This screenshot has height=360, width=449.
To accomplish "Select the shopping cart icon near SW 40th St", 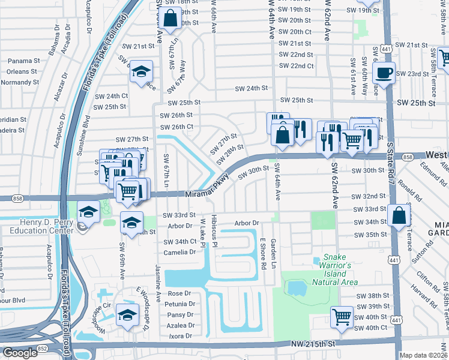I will pos(342,316).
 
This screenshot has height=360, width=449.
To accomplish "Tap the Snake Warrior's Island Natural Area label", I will pos(335,270).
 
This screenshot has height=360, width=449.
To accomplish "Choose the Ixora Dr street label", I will pos(181,336).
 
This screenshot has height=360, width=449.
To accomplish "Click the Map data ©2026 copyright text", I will pos(424,355).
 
